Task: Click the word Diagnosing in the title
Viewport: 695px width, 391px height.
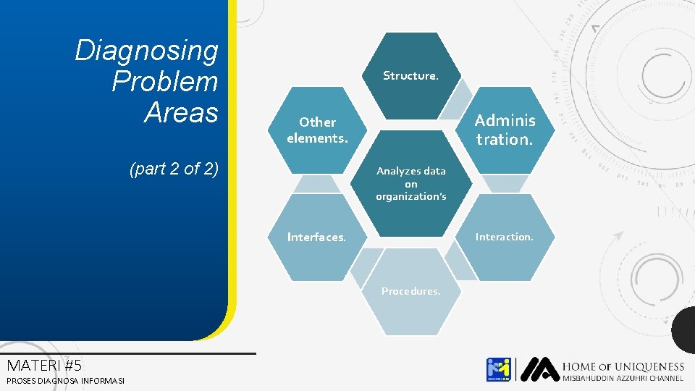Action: point(146,51)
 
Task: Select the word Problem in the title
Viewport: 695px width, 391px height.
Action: point(164,82)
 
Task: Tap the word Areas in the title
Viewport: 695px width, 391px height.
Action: point(180,112)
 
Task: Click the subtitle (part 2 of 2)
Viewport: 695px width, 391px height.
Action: point(173,169)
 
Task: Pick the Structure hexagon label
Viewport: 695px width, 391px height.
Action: point(410,75)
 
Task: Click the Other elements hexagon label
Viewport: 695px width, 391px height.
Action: point(317,130)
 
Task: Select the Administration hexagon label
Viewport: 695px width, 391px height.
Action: point(505,130)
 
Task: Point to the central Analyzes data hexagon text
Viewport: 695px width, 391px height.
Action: point(410,183)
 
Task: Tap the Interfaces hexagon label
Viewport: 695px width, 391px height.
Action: point(316,237)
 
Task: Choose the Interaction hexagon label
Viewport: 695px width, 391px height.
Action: point(504,237)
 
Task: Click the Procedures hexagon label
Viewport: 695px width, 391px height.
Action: point(410,291)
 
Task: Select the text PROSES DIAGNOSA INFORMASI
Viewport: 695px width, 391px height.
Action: point(65,381)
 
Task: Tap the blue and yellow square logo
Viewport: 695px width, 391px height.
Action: point(498,369)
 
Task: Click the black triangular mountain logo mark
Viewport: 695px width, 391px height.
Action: point(539,369)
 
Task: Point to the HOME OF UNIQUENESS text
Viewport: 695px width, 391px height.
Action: point(623,366)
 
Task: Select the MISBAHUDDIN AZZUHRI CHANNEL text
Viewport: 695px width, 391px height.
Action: point(623,379)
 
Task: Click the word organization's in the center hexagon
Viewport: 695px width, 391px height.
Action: point(410,196)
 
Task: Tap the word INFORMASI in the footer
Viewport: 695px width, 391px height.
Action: point(104,381)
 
